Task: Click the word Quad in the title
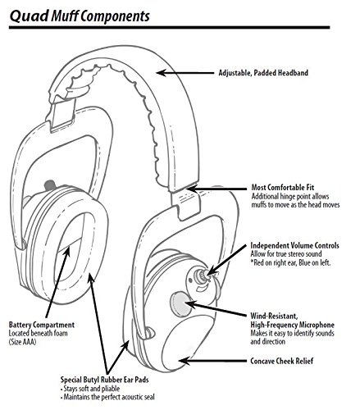[29, 16]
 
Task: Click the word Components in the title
[115, 16]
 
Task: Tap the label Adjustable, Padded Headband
[263, 73]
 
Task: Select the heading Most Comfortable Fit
[283, 188]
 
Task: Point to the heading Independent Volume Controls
[294, 245]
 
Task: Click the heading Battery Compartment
[42, 325]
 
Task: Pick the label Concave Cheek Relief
[282, 361]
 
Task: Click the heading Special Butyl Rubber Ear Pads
[105, 380]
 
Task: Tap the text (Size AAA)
[22, 342]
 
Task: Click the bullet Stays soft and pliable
[90, 389]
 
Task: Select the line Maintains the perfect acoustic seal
[107, 397]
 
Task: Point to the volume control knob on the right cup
[202, 276]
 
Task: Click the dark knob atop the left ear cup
[50, 185]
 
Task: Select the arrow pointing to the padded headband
[185, 73]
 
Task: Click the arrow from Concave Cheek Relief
[212, 361]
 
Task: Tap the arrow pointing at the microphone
[216, 309]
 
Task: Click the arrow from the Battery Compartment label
[57, 283]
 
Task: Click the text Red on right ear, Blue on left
[290, 262]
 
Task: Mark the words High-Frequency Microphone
[292, 325]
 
